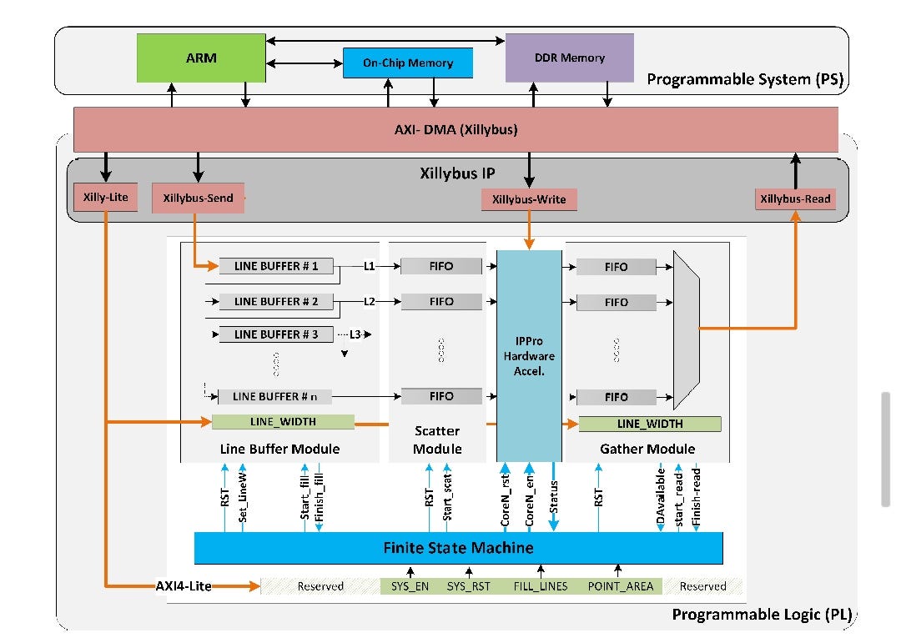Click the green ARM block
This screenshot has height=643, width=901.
pyautogui.click(x=201, y=58)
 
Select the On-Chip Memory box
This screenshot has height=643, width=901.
pyautogui.click(x=408, y=63)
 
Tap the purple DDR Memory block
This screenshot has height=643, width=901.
pyautogui.click(x=569, y=58)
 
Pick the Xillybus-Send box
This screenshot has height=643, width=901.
pyautogui.click(x=199, y=198)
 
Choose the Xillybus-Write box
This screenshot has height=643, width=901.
pyautogui.click(x=529, y=199)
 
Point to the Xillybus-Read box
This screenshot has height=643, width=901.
pyautogui.click(x=795, y=199)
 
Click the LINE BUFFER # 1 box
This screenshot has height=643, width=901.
pyautogui.click(x=276, y=266)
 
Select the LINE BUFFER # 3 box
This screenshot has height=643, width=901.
pyautogui.click(x=276, y=334)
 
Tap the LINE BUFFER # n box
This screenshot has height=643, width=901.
pyautogui.click(x=274, y=397)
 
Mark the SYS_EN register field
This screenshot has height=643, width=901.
pyautogui.click(x=410, y=586)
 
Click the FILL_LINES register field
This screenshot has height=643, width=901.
pyautogui.click(x=540, y=586)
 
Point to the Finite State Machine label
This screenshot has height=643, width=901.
pyautogui.click(x=458, y=548)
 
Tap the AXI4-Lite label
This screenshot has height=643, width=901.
pyautogui.click(x=183, y=586)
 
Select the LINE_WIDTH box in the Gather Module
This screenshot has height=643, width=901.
pyautogui.click(x=649, y=424)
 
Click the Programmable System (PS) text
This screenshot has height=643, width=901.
pyautogui.click(x=745, y=80)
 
